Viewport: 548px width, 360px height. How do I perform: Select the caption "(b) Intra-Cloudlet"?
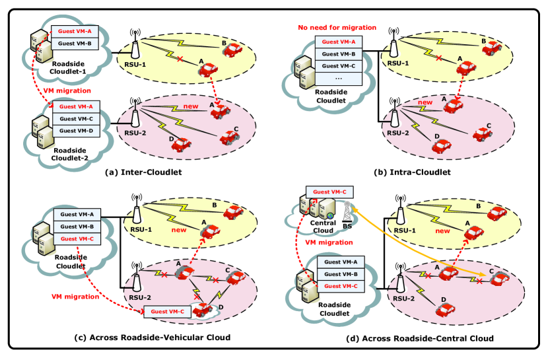[413, 172]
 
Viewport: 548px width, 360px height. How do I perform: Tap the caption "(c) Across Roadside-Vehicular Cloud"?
[143, 338]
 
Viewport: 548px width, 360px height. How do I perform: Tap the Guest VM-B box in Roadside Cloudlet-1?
[75, 44]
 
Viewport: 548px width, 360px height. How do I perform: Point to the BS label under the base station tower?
[347, 226]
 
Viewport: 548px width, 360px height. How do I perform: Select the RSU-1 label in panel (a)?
[135, 65]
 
